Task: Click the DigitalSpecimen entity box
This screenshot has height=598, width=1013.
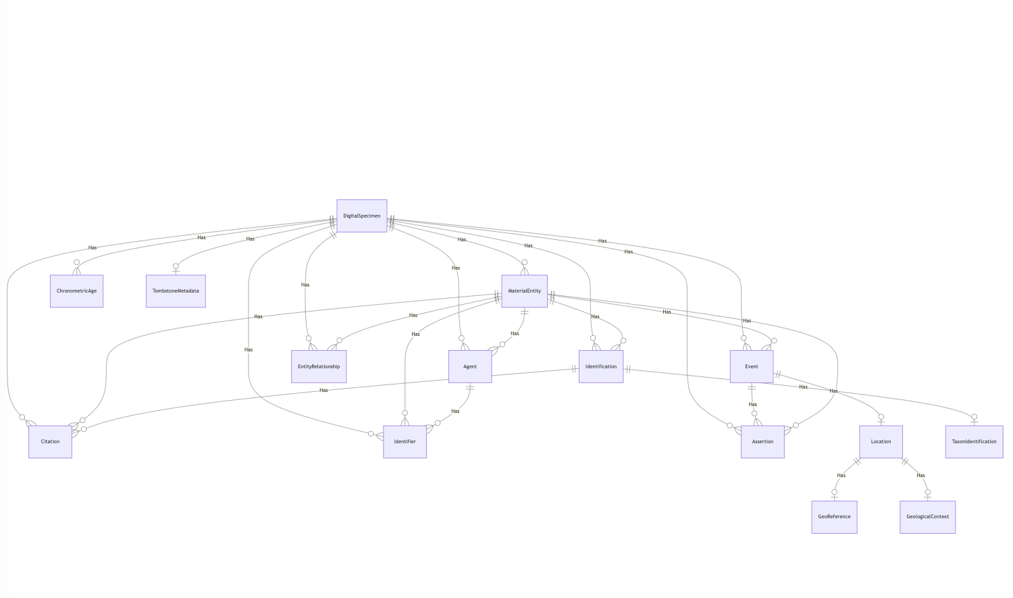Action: tap(361, 216)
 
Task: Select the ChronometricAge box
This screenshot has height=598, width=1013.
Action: tap(76, 291)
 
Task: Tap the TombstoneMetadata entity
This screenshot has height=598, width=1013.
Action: tap(176, 291)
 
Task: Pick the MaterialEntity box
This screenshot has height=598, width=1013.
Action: tap(524, 291)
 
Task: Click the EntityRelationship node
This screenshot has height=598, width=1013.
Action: tap(319, 367)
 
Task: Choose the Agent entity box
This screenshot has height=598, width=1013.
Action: tap(470, 367)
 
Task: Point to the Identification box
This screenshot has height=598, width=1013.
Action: tap(601, 367)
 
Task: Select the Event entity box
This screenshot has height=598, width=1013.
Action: tap(752, 367)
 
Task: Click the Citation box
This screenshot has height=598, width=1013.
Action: tap(50, 442)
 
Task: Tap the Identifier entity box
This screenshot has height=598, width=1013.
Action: tap(405, 442)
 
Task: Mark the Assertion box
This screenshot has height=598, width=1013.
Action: tap(762, 442)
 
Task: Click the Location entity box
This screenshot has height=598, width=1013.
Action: tap(881, 442)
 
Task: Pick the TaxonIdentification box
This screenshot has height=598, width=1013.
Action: tap(974, 442)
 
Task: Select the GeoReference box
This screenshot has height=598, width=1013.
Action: tap(834, 517)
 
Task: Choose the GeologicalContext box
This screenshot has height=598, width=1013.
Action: tap(927, 517)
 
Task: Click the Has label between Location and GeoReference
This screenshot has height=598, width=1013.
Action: tap(841, 475)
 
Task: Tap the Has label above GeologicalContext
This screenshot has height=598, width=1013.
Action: tap(920, 475)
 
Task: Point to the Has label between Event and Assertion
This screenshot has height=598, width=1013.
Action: tap(752, 405)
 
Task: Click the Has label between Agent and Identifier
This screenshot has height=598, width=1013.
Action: tap(455, 412)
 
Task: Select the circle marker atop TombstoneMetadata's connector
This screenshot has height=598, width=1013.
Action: tap(176, 266)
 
